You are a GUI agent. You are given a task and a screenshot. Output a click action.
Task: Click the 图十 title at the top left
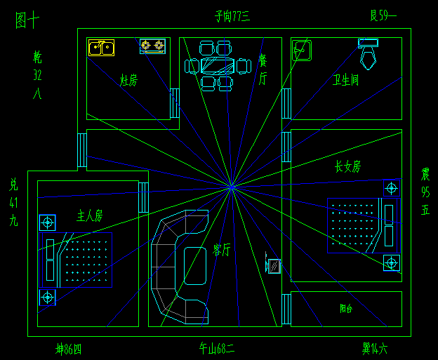tap(27, 21)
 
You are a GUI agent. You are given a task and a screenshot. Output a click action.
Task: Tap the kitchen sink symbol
tap(101, 47)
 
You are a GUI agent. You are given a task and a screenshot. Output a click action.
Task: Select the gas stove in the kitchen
tap(152, 46)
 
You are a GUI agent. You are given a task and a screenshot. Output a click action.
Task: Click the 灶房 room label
tap(128, 81)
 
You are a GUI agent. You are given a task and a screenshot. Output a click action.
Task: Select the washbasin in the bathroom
tap(302, 51)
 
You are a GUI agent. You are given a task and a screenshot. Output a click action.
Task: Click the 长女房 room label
tap(347, 167)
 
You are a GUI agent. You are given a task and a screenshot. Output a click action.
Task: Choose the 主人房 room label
tap(89, 215)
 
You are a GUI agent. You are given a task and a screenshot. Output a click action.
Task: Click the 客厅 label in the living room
tap(221, 249)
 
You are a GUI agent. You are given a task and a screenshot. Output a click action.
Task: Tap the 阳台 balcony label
tap(346, 308)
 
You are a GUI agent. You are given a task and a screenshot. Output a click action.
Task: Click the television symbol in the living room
tap(274, 266)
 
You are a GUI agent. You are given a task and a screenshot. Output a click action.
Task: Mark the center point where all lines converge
tap(231, 187)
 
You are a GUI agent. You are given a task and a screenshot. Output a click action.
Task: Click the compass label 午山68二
tap(217, 347)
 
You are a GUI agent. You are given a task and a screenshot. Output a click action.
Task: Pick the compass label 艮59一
tap(383, 15)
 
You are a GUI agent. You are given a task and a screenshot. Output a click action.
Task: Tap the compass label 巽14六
tap(374, 347)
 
